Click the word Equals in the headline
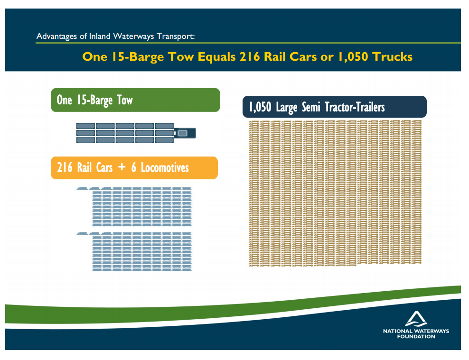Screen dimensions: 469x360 [x=216, y=57]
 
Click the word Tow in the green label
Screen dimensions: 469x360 [x=125, y=100]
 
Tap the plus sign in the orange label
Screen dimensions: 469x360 [x=122, y=167]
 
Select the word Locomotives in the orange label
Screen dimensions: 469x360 [x=165, y=167]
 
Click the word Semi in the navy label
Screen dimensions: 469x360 [x=311, y=107]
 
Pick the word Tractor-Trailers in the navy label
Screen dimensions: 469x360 [x=355, y=107]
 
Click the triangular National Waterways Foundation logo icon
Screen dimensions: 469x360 [x=416, y=318]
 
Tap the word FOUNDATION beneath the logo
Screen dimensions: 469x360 [x=416, y=337]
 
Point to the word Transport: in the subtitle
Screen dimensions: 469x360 [x=176, y=36]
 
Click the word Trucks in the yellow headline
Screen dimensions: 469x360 [x=393, y=57]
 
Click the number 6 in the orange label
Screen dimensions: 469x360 [x=134, y=167]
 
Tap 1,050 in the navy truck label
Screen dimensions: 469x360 [x=260, y=107]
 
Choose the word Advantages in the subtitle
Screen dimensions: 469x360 [x=57, y=37]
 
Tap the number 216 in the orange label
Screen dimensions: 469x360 [x=65, y=167]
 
